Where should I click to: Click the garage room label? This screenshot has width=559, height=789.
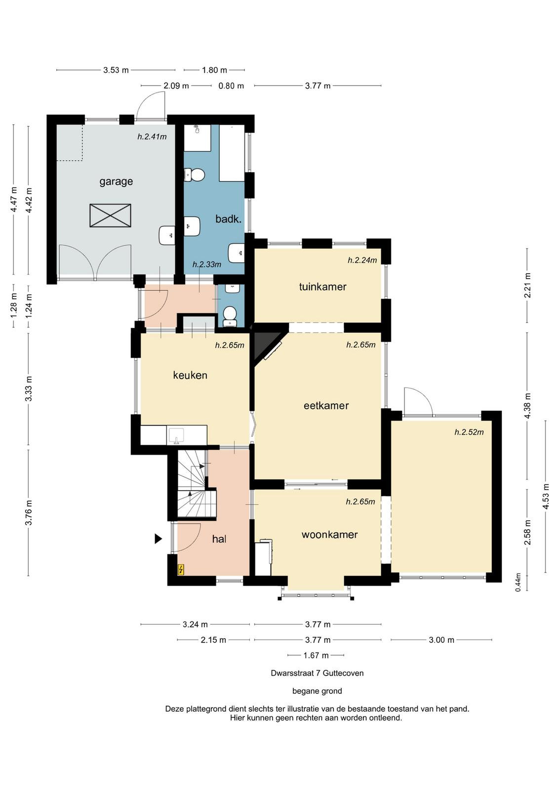click(116, 182)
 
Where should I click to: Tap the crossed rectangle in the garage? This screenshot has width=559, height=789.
click(111, 215)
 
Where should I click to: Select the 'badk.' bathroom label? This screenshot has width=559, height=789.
click(229, 219)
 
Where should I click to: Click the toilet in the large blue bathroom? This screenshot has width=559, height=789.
click(195, 175)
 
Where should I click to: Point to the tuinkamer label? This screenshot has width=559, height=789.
click(322, 287)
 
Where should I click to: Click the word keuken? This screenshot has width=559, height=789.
click(190, 375)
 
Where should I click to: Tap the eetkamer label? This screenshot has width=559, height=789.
click(326, 405)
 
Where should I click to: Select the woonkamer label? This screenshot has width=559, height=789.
click(330, 535)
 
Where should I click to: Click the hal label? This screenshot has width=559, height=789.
click(219, 539)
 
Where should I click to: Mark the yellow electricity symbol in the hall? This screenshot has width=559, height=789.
click(181, 570)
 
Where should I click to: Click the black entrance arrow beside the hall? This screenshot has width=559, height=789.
click(159, 538)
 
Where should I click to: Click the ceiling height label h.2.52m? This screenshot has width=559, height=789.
click(469, 432)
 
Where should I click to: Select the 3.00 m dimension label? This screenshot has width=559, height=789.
click(441, 640)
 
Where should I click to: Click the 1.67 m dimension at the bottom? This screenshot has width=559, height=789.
click(316, 655)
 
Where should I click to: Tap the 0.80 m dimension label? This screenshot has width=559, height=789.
click(232, 86)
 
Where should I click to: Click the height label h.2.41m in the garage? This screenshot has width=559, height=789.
click(152, 137)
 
